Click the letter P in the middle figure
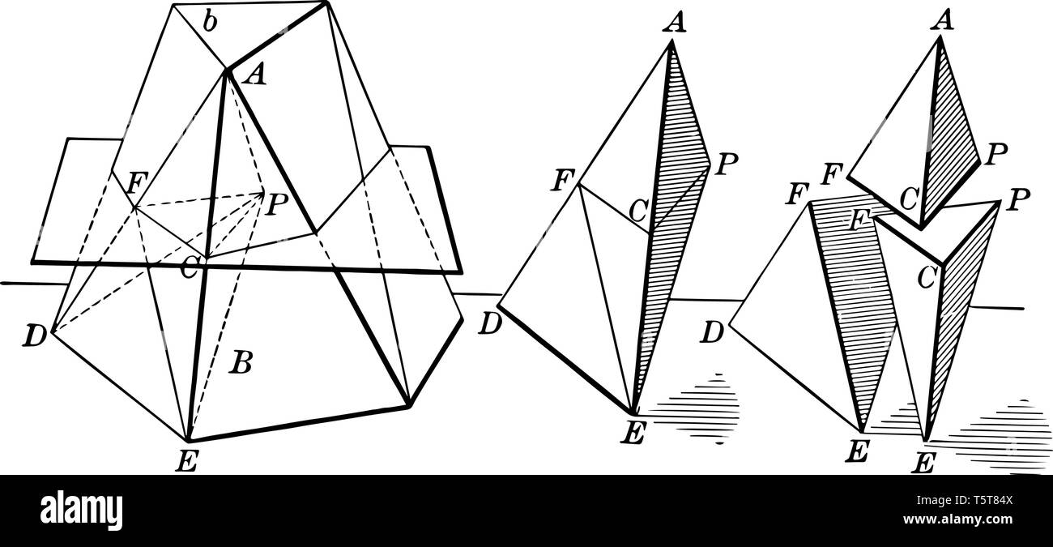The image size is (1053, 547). tap(727, 166)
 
